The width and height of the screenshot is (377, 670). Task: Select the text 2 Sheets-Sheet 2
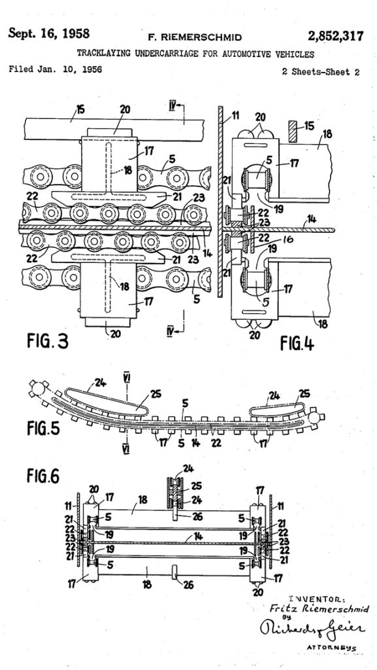click(320, 72)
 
